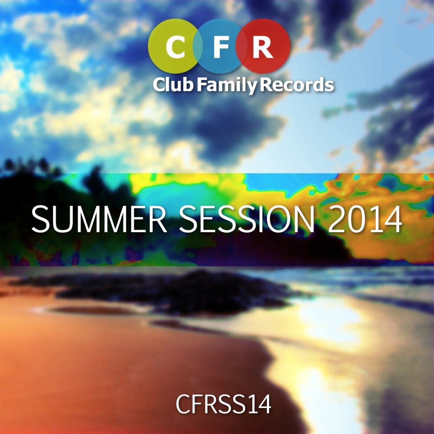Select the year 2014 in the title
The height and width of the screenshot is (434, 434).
click(365, 220)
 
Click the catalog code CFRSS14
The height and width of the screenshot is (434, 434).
click(224, 404)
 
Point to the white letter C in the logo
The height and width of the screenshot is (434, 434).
click(176, 48)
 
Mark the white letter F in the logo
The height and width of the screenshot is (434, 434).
click(220, 48)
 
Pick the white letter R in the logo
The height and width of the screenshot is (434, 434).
click(263, 48)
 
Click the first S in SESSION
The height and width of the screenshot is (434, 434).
click(187, 220)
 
